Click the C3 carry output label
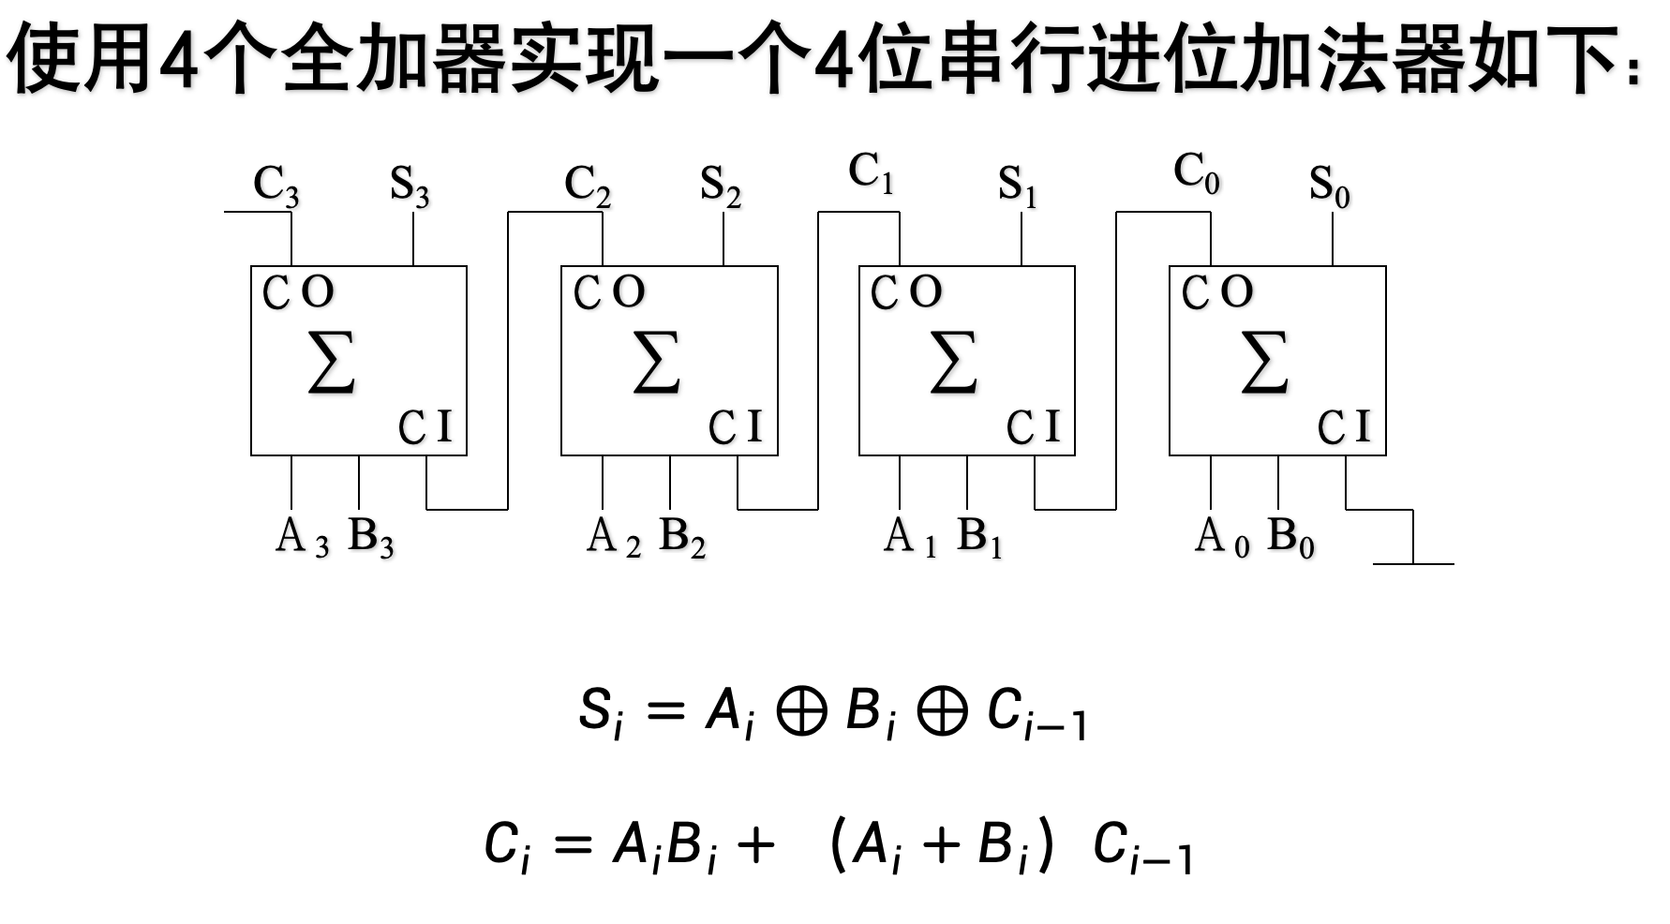276,186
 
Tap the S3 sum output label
410,186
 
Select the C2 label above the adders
588,186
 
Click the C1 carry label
871,174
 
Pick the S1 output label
1018,186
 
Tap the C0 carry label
1197,174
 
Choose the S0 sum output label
1330,186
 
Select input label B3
371,537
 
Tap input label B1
979,537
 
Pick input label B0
1290,537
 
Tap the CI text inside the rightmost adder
1344,427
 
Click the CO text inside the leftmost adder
298,292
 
